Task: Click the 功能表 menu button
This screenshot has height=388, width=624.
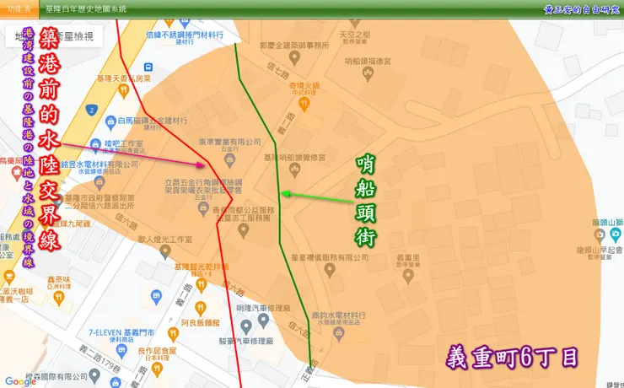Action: [x=19, y=8]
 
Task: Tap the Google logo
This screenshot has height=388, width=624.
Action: [x=20, y=381]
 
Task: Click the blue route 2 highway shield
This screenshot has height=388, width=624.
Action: [x=90, y=110]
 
